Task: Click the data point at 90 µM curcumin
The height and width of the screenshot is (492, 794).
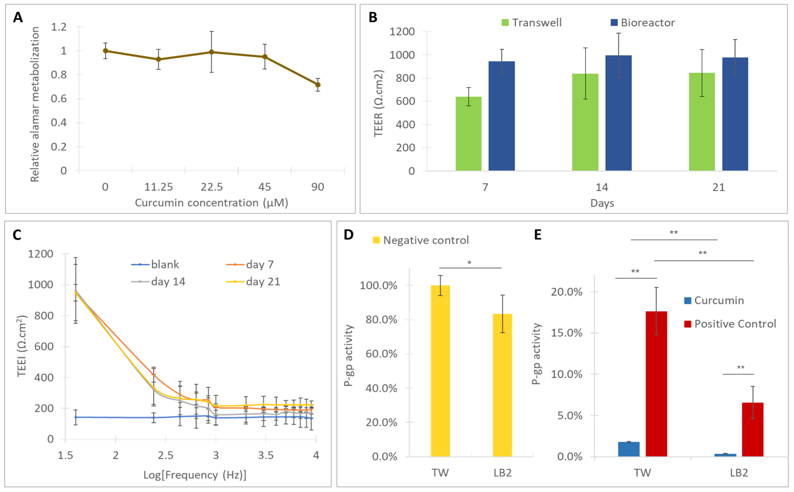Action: click(x=318, y=85)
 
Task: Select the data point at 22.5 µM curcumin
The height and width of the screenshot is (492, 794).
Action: click(x=212, y=52)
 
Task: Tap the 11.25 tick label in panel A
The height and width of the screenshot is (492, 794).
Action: click(x=159, y=187)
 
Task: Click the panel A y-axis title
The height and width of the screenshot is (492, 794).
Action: click(x=35, y=104)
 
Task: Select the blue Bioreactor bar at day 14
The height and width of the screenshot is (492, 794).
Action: click(x=618, y=113)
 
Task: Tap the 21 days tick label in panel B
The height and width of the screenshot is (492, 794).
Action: click(x=718, y=187)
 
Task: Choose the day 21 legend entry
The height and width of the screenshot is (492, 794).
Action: click(x=253, y=282)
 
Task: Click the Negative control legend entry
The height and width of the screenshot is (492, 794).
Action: click(x=421, y=240)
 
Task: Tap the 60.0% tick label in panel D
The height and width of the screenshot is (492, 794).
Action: click(x=381, y=354)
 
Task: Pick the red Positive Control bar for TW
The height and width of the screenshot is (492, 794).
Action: click(x=656, y=384)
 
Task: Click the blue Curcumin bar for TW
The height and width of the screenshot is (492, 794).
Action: click(x=629, y=449)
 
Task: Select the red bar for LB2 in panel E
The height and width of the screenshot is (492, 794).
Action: click(x=753, y=429)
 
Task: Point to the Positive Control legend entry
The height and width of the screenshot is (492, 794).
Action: click(x=730, y=324)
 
